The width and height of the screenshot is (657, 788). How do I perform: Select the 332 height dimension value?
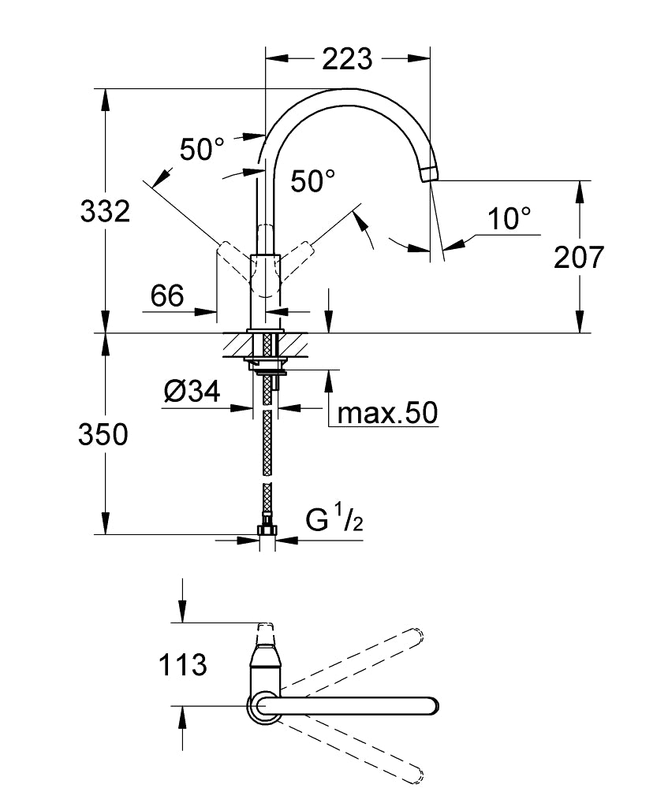pos(105,210)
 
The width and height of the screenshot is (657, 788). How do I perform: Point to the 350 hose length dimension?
pos(103,434)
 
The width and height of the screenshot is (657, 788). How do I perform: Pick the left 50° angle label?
pos(202,149)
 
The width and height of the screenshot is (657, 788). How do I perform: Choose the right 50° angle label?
pos(312,181)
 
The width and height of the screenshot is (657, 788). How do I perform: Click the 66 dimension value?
pos(167,296)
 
